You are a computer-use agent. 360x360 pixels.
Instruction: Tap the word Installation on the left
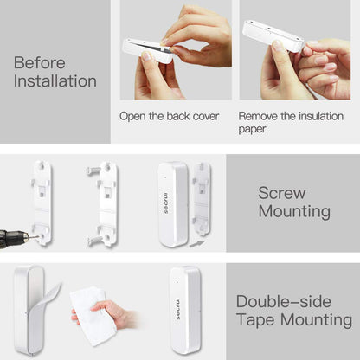[x=55, y=82]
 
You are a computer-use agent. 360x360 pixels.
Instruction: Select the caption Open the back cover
[x=169, y=115]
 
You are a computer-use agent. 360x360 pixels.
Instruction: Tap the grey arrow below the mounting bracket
[x=196, y=244]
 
